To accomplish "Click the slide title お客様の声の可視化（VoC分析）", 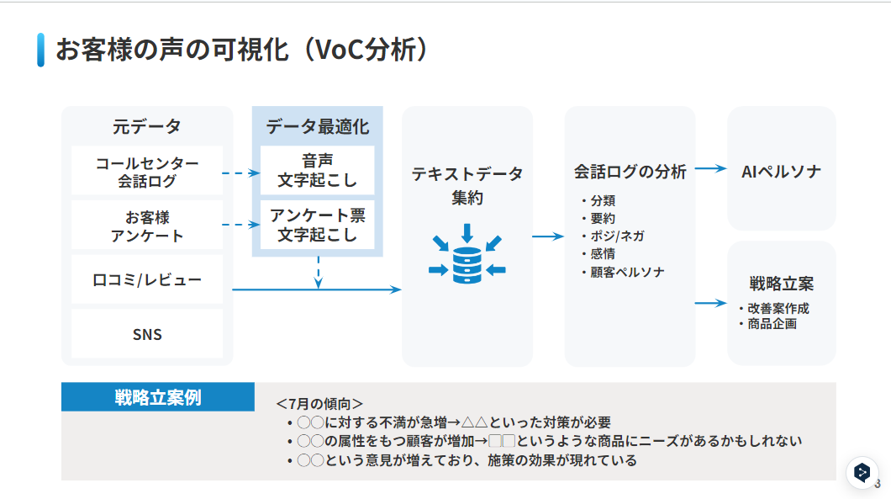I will pyautogui.click(x=243, y=50).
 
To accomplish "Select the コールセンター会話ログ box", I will pyautogui.click(x=147, y=171).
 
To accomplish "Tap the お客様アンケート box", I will pyautogui.click(x=147, y=226).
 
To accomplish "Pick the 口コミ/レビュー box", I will pyautogui.click(x=147, y=279).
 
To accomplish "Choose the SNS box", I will pyautogui.click(x=147, y=334).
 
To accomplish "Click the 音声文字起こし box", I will pyautogui.click(x=317, y=171).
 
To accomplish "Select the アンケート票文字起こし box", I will pyautogui.click(x=317, y=225).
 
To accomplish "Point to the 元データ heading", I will pyautogui.click(x=147, y=127).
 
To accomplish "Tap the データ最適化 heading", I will pyautogui.click(x=317, y=127).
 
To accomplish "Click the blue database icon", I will pyautogui.click(x=467, y=256).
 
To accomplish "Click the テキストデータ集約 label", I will pyautogui.click(x=467, y=185).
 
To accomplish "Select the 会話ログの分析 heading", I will pyautogui.click(x=630, y=172).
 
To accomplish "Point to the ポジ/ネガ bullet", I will pyautogui.click(x=617, y=236).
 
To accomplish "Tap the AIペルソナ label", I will pyautogui.click(x=781, y=171).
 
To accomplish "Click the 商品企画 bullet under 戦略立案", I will pyautogui.click(x=772, y=323).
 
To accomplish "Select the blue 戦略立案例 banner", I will pyautogui.click(x=158, y=397).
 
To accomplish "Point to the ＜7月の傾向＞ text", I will pyautogui.click(x=319, y=404).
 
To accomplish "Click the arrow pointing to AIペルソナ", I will pyautogui.click(x=710, y=168).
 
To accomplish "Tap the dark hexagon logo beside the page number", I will pyautogui.click(x=862, y=473).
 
